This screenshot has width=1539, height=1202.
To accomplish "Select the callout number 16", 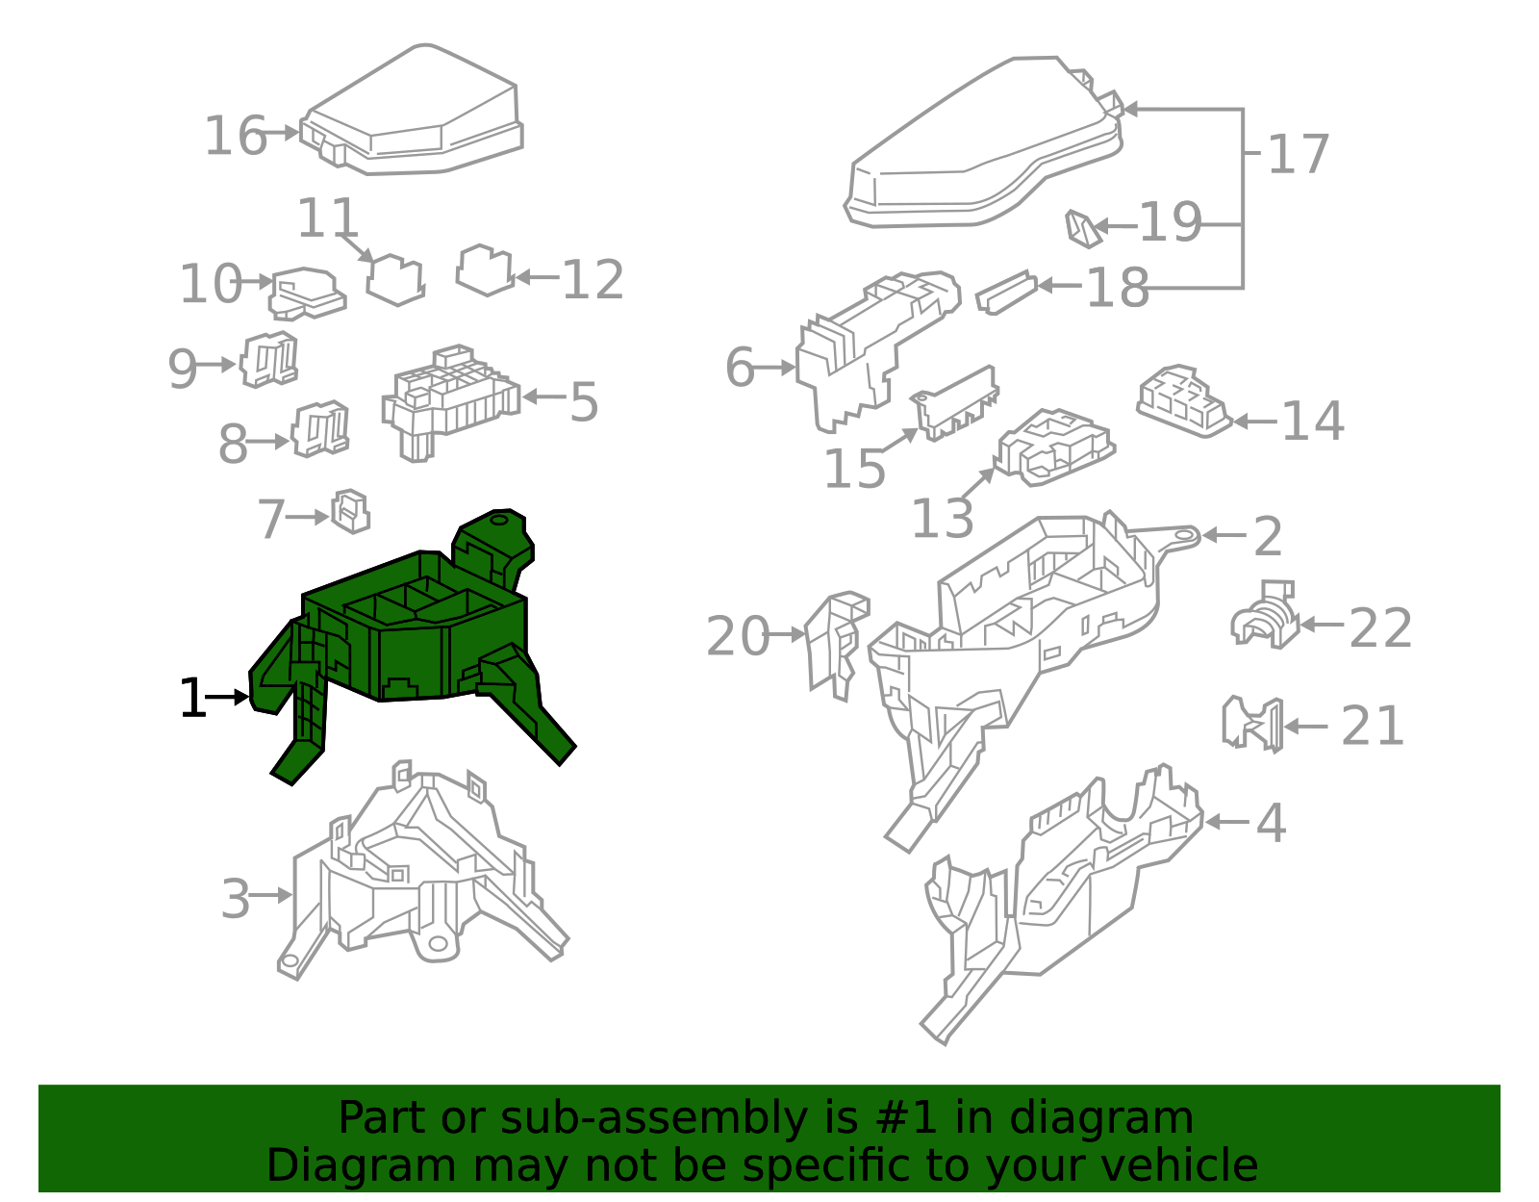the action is pos(235,136).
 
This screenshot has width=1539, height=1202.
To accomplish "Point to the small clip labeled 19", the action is pos(1083,229).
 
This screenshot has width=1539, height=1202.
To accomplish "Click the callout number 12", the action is pos(593,280).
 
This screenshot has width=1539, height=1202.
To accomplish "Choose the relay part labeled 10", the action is pos(308,294).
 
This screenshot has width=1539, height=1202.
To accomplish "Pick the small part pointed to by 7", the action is pos(350,511).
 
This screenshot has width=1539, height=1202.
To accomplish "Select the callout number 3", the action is pos(236,899).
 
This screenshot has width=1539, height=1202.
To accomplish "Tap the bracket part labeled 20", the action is pos(837,646).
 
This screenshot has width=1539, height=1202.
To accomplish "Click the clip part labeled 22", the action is pos(1265,614).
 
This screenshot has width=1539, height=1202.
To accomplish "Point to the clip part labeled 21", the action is pos(1253,725).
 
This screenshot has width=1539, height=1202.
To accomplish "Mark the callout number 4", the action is pos(1272,823).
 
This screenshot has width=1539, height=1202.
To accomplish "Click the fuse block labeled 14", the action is pos(1184,401).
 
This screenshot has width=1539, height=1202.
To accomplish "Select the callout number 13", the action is pos(942,519).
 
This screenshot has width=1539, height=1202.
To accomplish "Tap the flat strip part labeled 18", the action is pos(1006,293).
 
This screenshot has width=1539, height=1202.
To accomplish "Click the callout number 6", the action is pos(740,368).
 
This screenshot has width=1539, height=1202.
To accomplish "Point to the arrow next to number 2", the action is pos(1224,535).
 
